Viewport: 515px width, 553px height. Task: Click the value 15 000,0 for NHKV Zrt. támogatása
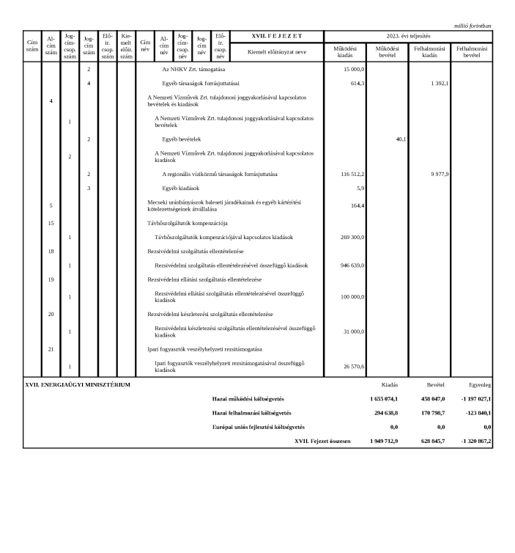354,69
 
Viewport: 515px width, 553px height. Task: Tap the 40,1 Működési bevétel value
400,139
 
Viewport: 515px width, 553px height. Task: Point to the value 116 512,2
352,174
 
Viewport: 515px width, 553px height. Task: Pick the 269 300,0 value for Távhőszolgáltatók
352,238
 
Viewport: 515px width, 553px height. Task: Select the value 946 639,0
352,265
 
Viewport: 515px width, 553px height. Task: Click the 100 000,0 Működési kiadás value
352,296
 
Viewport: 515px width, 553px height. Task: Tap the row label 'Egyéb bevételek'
182,139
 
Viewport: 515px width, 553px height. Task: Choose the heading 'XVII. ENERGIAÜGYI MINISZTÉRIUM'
78,384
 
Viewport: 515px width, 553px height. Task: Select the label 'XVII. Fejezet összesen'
322,442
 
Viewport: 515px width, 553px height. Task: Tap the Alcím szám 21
51,349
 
